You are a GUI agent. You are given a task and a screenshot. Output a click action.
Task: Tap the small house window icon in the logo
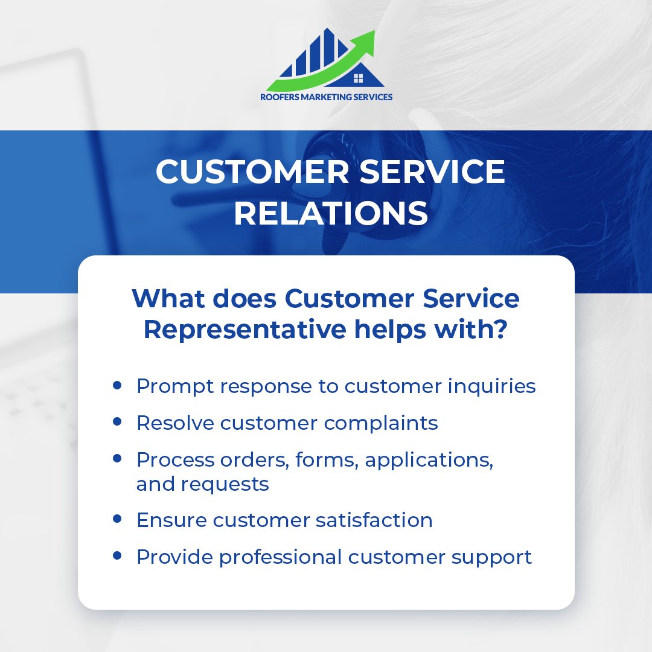[358, 77]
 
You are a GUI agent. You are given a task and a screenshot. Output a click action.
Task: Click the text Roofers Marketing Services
[326, 97]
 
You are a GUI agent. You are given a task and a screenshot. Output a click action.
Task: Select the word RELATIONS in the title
[331, 214]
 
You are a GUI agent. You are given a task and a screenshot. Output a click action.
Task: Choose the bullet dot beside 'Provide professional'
[117, 555]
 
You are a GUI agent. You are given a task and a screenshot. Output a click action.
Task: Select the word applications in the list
[429, 461]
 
